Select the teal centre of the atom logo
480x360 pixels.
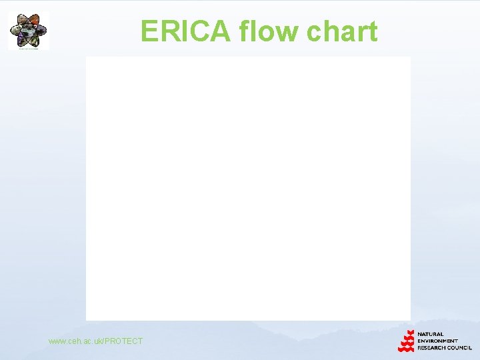(28, 30)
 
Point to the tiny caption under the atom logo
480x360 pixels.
(28, 48)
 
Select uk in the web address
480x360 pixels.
(98, 341)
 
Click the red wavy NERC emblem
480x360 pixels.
(406, 341)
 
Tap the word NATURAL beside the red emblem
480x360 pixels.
(431, 334)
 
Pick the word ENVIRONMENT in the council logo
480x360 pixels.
(437, 341)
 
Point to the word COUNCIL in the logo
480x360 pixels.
(459, 347)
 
